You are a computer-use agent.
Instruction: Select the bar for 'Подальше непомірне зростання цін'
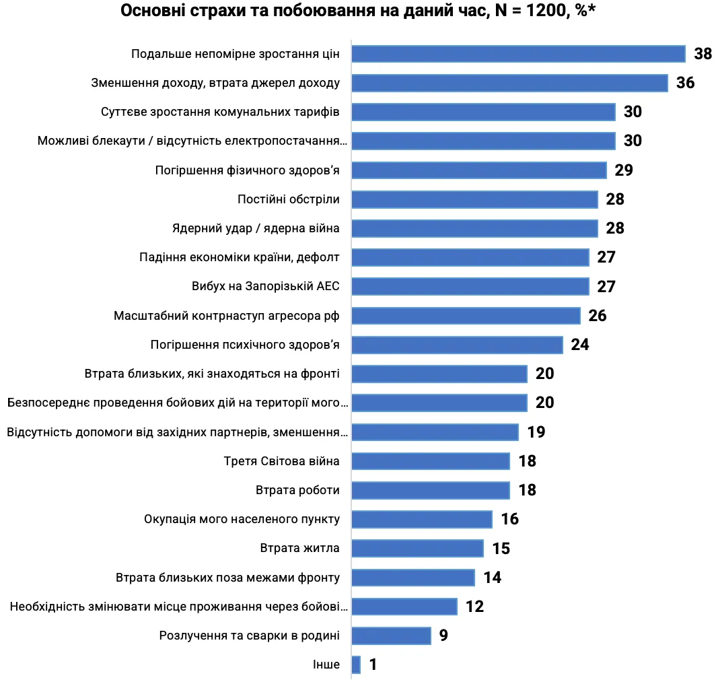(x=518, y=54)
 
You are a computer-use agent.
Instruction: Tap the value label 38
(x=703, y=54)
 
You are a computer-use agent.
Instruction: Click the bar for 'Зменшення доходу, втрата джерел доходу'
(x=509, y=83)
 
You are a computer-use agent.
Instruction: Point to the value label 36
(x=685, y=83)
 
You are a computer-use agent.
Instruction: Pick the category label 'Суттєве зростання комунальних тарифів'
(x=220, y=112)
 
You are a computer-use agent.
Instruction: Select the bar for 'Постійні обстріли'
(x=474, y=199)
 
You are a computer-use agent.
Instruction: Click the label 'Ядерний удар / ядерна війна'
(x=256, y=228)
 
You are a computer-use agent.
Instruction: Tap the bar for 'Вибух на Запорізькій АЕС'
(x=470, y=286)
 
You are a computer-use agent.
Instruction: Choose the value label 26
(x=597, y=316)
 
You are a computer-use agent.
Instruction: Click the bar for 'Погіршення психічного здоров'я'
(x=457, y=345)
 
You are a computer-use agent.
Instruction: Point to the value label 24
(x=579, y=345)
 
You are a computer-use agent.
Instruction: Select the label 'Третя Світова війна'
(x=281, y=461)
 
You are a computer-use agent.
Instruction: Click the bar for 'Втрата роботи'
(x=431, y=490)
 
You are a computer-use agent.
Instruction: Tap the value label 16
(x=509, y=519)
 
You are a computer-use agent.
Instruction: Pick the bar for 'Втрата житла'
(x=417, y=549)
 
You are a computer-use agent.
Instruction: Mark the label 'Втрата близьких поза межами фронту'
(x=227, y=578)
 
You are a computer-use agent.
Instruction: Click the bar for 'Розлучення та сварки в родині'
(x=391, y=636)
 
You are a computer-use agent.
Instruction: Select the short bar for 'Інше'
(x=356, y=665)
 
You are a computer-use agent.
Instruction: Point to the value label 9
(x=443, y=636)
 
